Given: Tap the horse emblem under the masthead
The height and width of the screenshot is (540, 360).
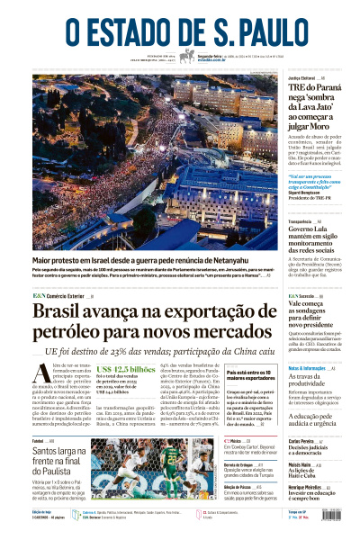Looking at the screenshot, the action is click(x=187, y=56).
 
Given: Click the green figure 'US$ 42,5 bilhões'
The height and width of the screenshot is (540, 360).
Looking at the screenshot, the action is click(x=126, y=370).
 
